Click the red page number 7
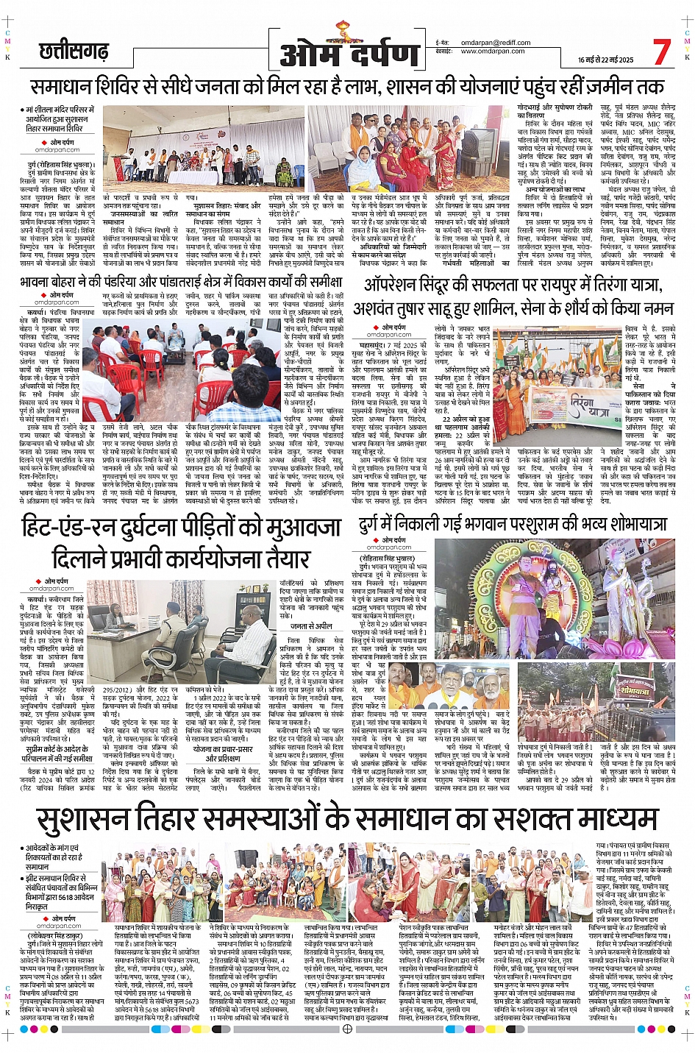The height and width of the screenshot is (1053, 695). point(662,52)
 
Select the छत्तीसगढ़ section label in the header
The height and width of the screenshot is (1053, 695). point(73,52)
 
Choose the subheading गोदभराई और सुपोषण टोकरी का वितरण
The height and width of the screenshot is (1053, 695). point(554,112)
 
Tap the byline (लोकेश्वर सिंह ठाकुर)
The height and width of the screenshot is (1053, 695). point(58,936)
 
